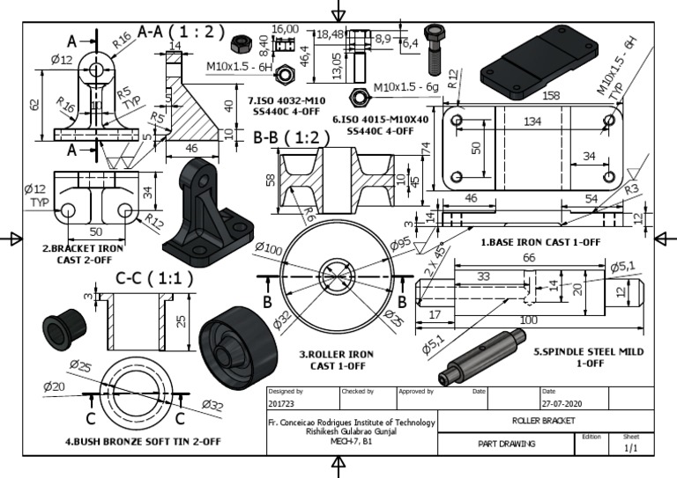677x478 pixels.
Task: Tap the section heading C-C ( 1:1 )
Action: [x=154, y=278]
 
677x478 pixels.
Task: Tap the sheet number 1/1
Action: [x=631, y=448]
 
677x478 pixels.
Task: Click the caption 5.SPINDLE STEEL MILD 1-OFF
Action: [x=588, y=357]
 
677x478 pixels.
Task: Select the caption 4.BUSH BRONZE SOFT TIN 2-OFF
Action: [x=130, y=440]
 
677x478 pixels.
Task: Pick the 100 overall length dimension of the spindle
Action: [x=528, y=320]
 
